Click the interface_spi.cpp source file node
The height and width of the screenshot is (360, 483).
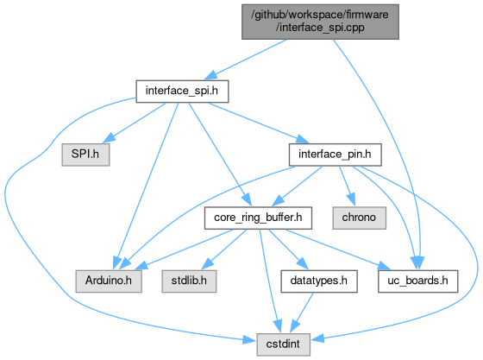(x=320, y=22)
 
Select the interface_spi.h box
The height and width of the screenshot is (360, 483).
(x=182, y=92)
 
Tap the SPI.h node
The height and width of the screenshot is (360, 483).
(x=85, y=155)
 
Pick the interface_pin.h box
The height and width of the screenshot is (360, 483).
(x=336, y=155)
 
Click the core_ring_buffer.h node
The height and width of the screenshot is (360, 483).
(x=258, y=218)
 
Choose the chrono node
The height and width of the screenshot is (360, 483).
(x=359, y=218)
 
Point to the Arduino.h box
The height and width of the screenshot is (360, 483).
(x=109, y=281)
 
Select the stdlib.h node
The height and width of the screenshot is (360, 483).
(x=189, y=281)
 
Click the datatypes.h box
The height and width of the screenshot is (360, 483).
(x=319, y=281)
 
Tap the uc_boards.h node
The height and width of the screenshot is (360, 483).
(x=418, y=281)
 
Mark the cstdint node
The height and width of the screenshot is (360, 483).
(x=283, y=344)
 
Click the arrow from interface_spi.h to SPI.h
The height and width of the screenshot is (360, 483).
(x=135, y=123)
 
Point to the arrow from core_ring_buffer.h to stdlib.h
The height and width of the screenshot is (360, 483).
(x=224, y=249)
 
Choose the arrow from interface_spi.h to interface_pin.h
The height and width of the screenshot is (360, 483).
(x=259, y=123)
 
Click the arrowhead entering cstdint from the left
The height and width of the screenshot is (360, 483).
(x=249, y=340)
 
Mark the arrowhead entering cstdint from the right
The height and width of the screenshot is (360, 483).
(x=317, y=338)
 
